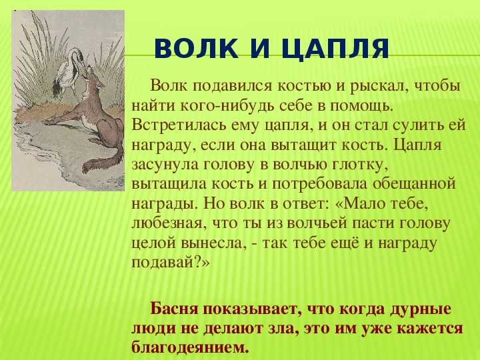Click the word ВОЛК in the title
196,49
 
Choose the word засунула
165,165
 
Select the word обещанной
415,185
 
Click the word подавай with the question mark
171,263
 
